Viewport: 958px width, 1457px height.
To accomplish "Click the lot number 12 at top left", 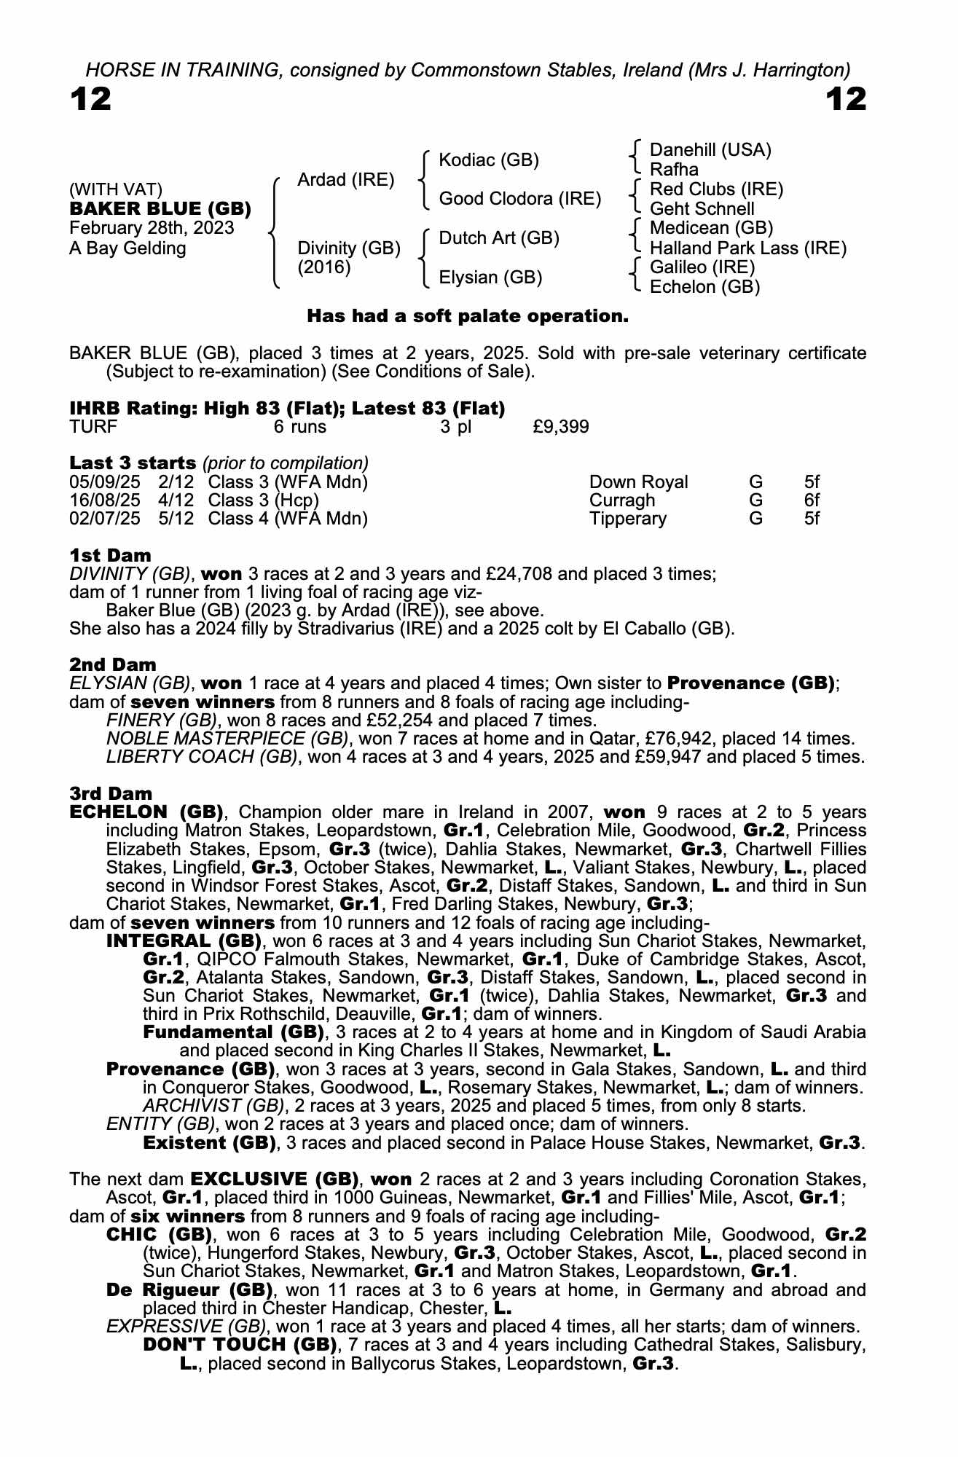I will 91,99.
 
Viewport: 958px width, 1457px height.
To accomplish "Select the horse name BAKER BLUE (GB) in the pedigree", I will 160,209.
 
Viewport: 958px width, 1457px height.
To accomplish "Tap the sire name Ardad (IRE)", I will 346,180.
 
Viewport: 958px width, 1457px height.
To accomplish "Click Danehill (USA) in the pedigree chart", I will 710,150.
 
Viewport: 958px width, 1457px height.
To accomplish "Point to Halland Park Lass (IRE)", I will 748,248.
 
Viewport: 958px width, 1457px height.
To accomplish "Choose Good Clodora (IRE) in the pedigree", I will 520,199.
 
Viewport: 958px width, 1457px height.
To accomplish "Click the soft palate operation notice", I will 468,316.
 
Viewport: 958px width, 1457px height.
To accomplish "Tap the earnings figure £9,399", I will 561,427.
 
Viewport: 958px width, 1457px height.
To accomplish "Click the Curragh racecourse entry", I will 621,500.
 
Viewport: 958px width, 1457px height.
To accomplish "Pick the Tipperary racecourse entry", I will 627,519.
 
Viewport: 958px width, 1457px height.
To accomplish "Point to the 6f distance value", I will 812,500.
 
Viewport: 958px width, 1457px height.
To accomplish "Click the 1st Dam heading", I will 111,555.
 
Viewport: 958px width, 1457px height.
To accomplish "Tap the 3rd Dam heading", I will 111,793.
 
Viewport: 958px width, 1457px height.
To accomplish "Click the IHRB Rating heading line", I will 287,408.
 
